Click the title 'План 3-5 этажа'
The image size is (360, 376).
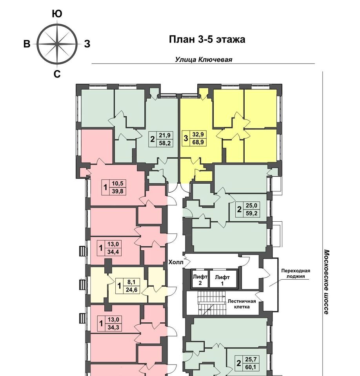pyautogui.click(x=207, y=39)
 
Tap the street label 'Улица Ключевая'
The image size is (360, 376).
pyautogui.click(x=204, y=60)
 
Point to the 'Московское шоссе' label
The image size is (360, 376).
pyautogui.click(x=326, y=282)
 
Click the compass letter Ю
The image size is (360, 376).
pyautogui.click(x=57, y=14)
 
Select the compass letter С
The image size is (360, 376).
pyautogui.click(x=57, y=74)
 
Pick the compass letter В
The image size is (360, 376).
pyautogui.click(x=27, y=44)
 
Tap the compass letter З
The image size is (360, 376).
pyautogui.click(x=87, y=44)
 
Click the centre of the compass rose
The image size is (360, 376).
pyautogui.click(x=57, y=44)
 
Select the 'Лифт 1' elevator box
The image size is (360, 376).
pyautogui.click(x=223, y=278)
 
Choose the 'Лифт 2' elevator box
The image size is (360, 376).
pyautogui.click(x=200, y=278)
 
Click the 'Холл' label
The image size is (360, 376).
pyautogui.click(x=176, y=262)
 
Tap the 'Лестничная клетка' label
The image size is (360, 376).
pyautogui.click(x=242, y=304)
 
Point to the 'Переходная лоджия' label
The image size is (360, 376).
pyautogui.click(x=296, y=273)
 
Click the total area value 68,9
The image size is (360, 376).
pyautogui.click(x=198, y=142)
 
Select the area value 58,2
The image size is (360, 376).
pyautogui.click(x=164, y=143)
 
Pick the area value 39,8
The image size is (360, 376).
pyautogui.click(x=117, y=191)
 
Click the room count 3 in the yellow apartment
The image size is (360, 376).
pyautogui.click(x=185, y=138)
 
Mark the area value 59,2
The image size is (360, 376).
pyautogui.click(x=251, y=213)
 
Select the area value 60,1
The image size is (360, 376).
pyautogui.click(x=251, y=367)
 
